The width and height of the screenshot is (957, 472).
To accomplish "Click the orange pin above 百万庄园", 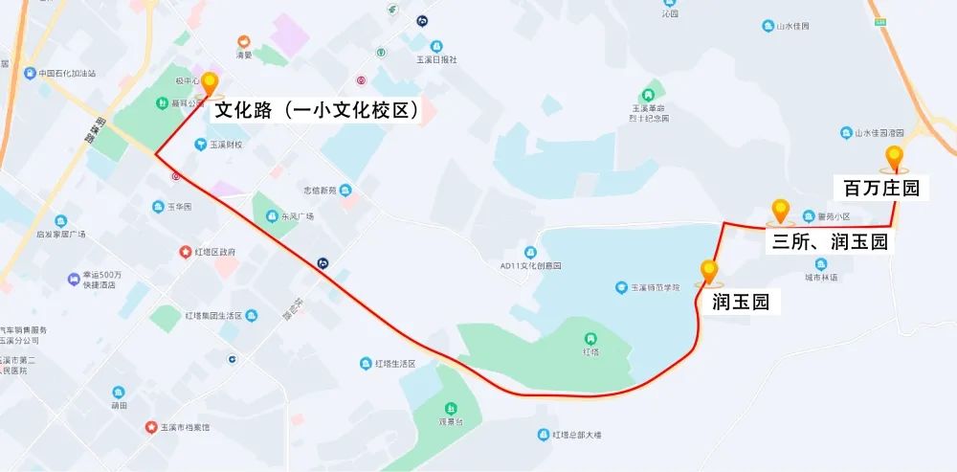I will click(895, 158).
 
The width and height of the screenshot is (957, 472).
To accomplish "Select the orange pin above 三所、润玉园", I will click(780, 211).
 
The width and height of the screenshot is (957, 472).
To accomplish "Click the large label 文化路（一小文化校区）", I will click(318, 110).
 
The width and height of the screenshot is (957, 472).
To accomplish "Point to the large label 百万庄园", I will click(882, 188).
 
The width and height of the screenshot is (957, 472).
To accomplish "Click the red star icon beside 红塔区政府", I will click(187, 253).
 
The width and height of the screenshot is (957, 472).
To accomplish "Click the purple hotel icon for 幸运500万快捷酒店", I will click(73, 279).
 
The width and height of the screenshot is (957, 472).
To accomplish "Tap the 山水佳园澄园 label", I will click(878, 133).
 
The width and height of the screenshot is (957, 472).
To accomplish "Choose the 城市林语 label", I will click(819, 278).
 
